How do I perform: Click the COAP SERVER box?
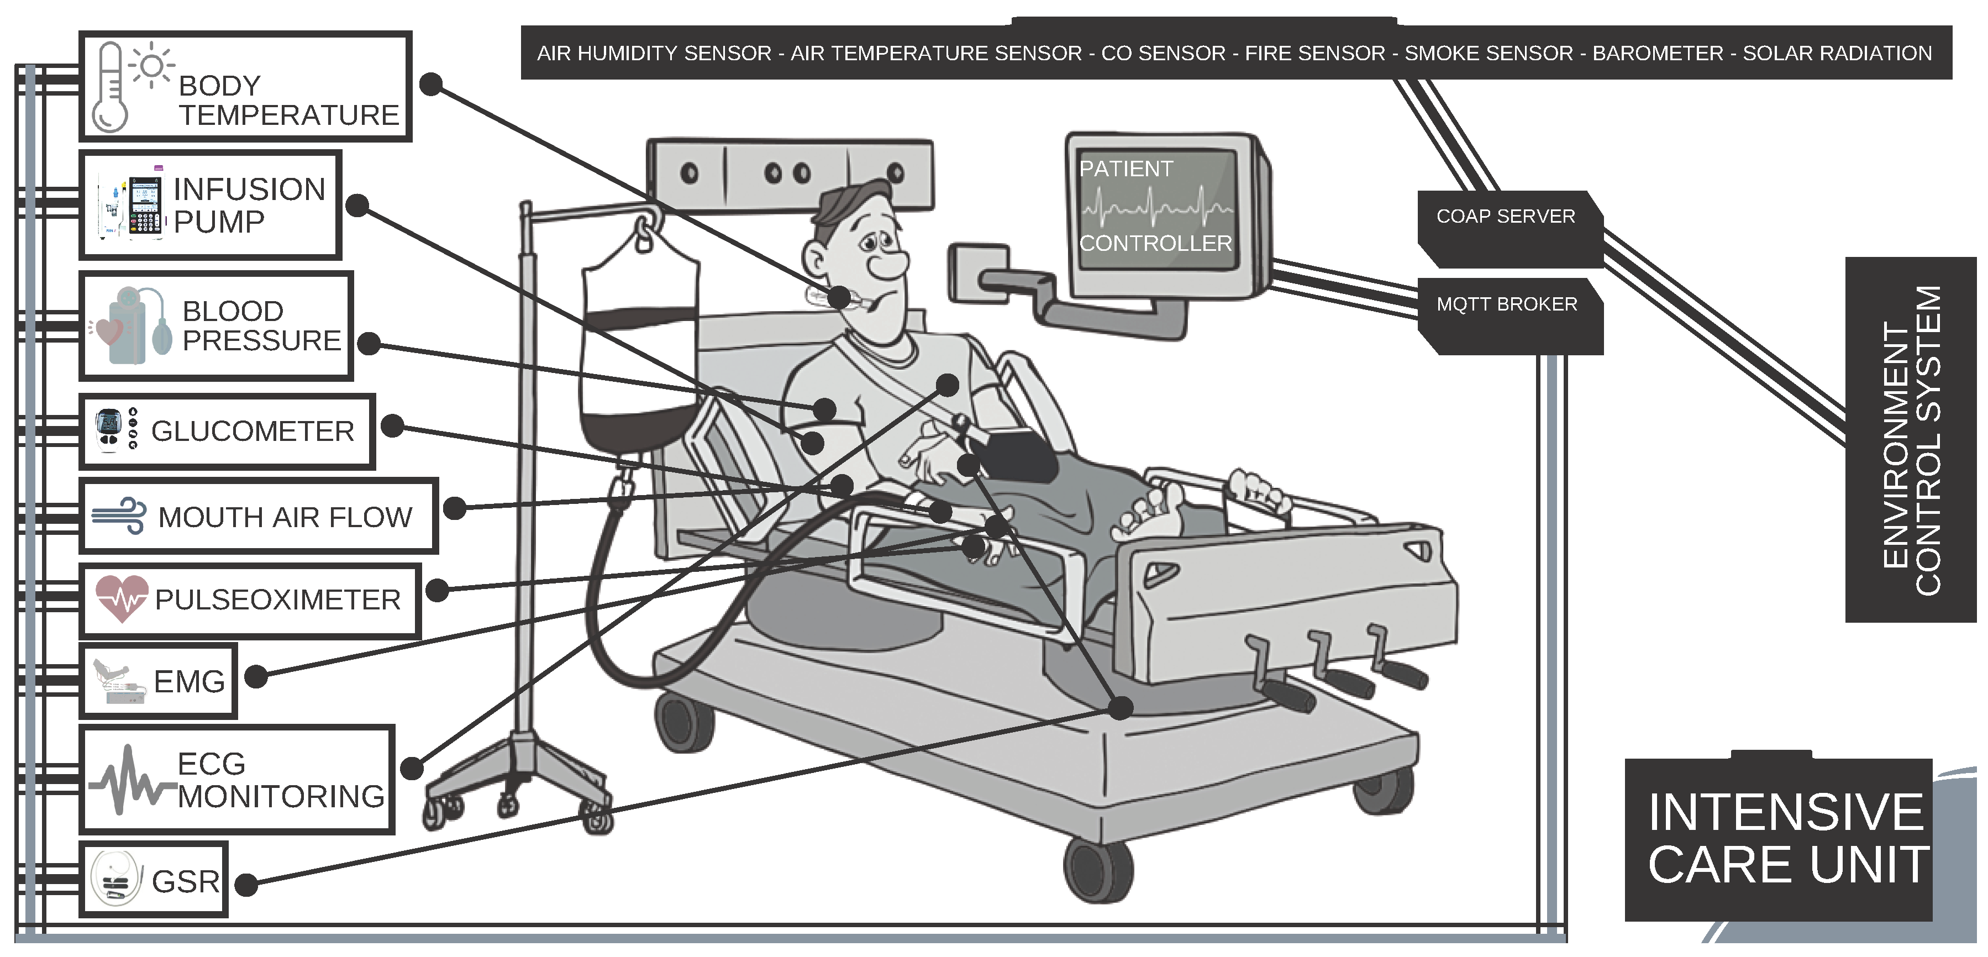1510,229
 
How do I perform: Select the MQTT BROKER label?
1506,304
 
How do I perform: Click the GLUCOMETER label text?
253,430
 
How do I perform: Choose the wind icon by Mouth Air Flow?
119,516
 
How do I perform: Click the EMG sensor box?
158,681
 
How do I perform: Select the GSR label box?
154,879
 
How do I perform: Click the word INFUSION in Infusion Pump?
249,189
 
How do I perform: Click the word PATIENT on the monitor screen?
1126,168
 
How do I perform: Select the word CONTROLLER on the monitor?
1155,243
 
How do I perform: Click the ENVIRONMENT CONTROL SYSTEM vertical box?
1911,439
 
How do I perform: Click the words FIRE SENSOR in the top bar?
1315,53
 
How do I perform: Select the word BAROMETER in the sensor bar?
1658,53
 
